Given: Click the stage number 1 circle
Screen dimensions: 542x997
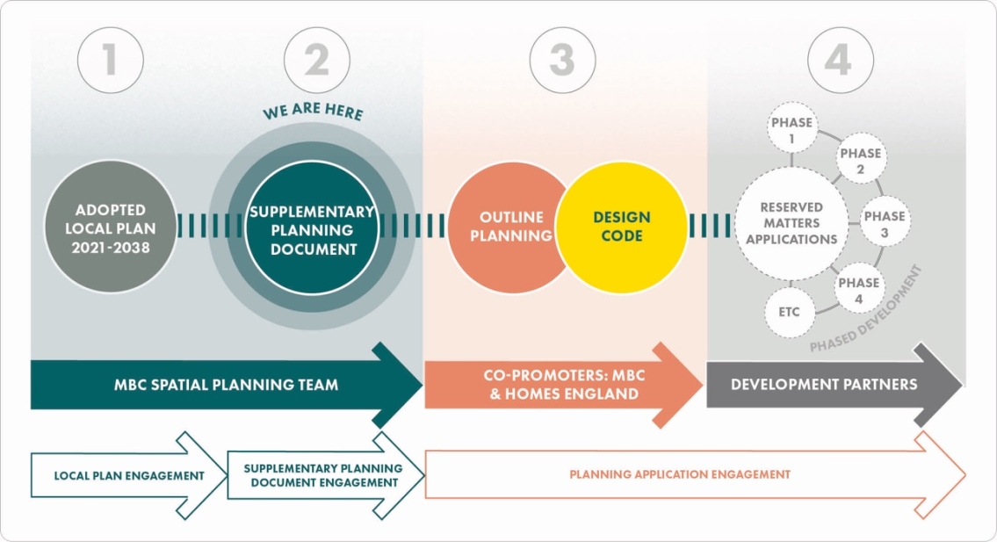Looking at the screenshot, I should [x=110, y=61].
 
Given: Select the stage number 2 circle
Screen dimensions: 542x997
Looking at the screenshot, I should [x=317, y=61].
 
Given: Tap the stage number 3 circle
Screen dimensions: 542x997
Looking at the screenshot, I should [x=562, y=61].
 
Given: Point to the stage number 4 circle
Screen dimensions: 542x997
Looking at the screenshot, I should [x=841, y=61].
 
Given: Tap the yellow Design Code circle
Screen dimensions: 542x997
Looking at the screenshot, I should [x=623, y=227].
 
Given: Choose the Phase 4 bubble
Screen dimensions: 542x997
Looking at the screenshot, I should [x=858, y=291].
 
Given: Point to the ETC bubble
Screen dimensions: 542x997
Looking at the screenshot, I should [x=789, y=312].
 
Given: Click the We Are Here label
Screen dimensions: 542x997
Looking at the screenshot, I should [x=313, y=112].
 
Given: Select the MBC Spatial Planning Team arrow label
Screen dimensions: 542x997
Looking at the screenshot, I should [x=226, y=385].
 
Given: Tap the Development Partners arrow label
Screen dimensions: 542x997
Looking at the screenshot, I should [x=824, y=384].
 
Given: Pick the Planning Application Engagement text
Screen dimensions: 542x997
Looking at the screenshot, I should [x=680, y=474].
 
